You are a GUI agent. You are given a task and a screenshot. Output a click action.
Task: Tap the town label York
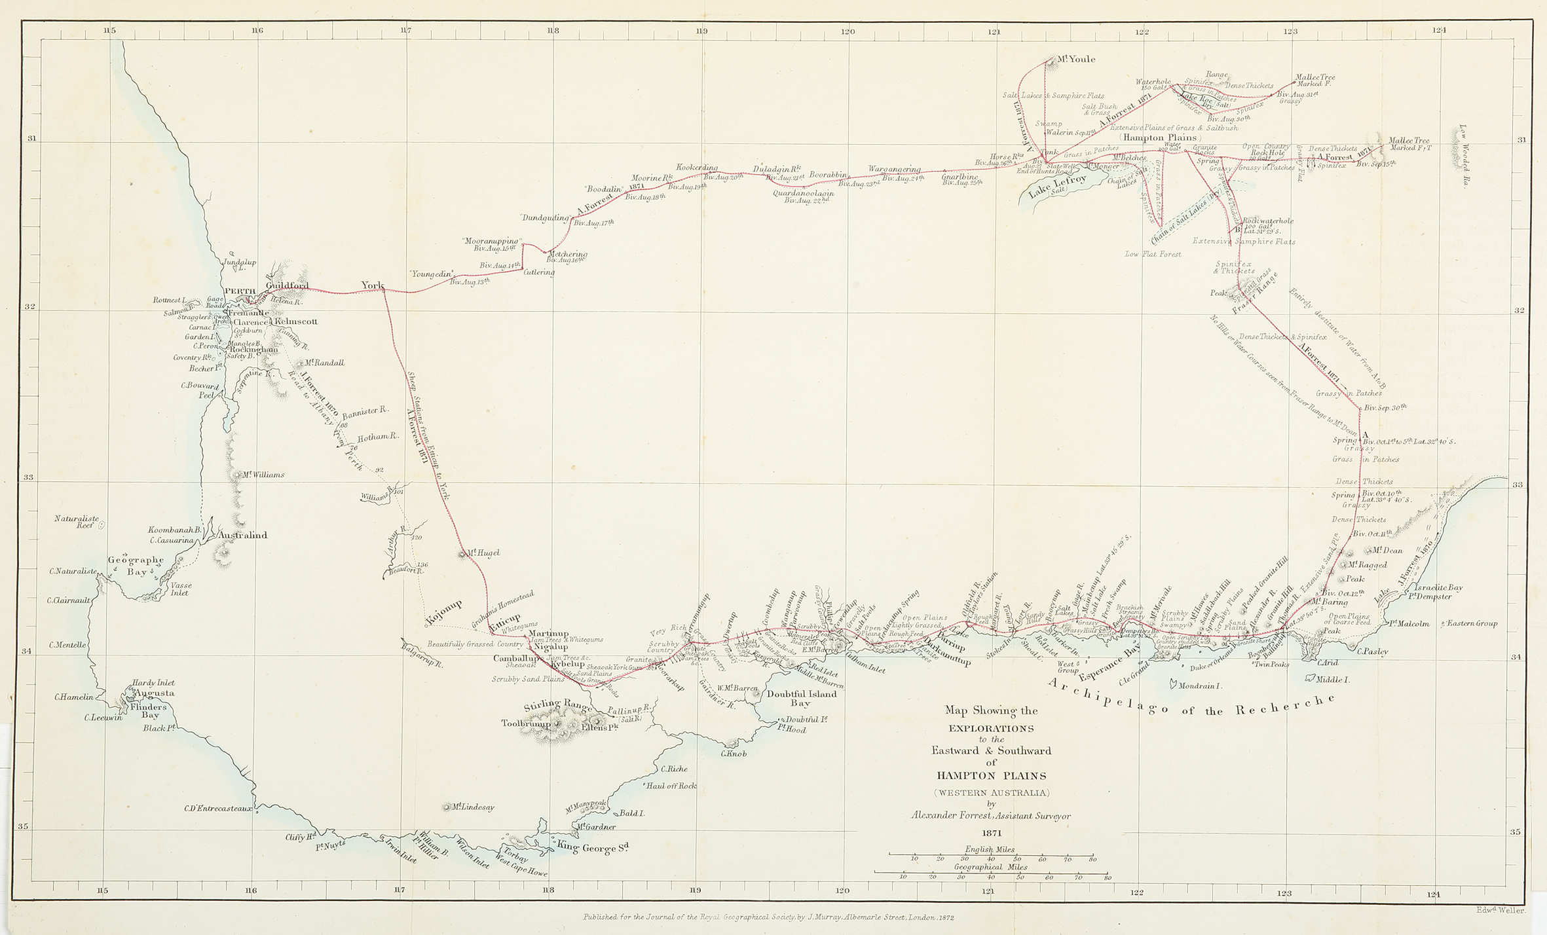(x=373, y=285)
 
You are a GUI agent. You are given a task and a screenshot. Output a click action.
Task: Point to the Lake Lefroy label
(x=1056, y=186)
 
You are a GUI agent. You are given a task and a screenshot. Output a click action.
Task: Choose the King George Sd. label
(x=593, y=849)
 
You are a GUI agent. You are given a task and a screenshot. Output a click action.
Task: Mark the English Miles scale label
(x=990, y=849)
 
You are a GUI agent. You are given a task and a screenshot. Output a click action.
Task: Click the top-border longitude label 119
(x=702, y=30)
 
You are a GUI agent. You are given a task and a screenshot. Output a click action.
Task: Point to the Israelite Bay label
(x=1434, y=587)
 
